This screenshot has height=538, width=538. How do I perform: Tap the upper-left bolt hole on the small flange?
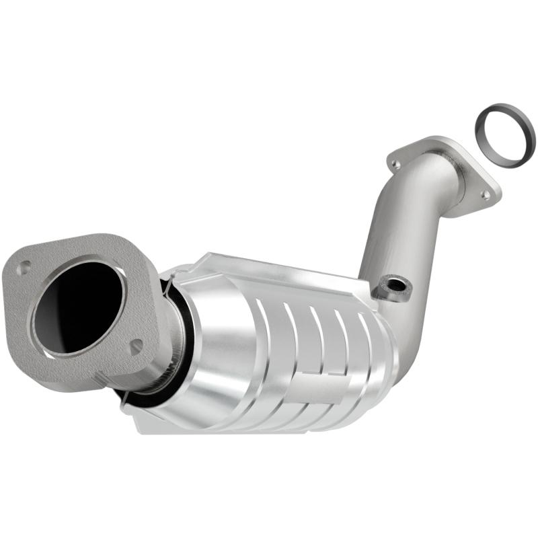tap(397, 163)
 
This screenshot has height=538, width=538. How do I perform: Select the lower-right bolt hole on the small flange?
tap(485, 195)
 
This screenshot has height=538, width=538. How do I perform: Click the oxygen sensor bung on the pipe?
tap(391, 286)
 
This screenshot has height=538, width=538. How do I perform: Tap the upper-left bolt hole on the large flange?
tap(24, 268)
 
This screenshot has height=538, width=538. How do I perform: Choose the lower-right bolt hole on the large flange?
tap(136, 346)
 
